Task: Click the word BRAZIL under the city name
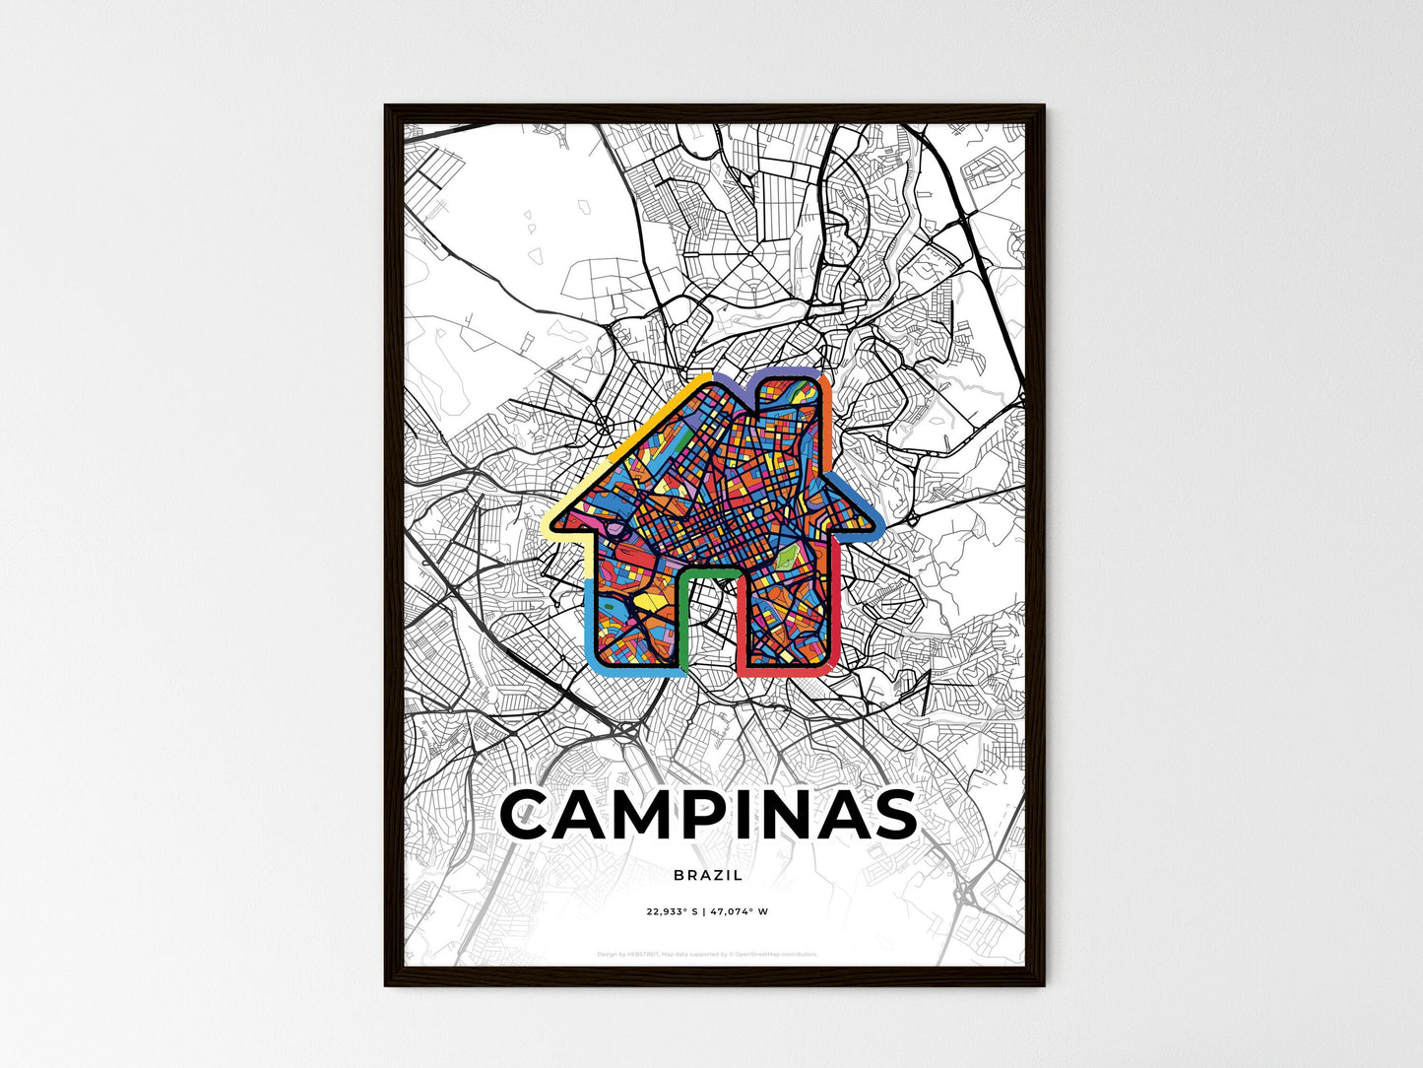coord(708,875)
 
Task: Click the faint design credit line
coord(708,954)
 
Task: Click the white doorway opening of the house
coord(708,631)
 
